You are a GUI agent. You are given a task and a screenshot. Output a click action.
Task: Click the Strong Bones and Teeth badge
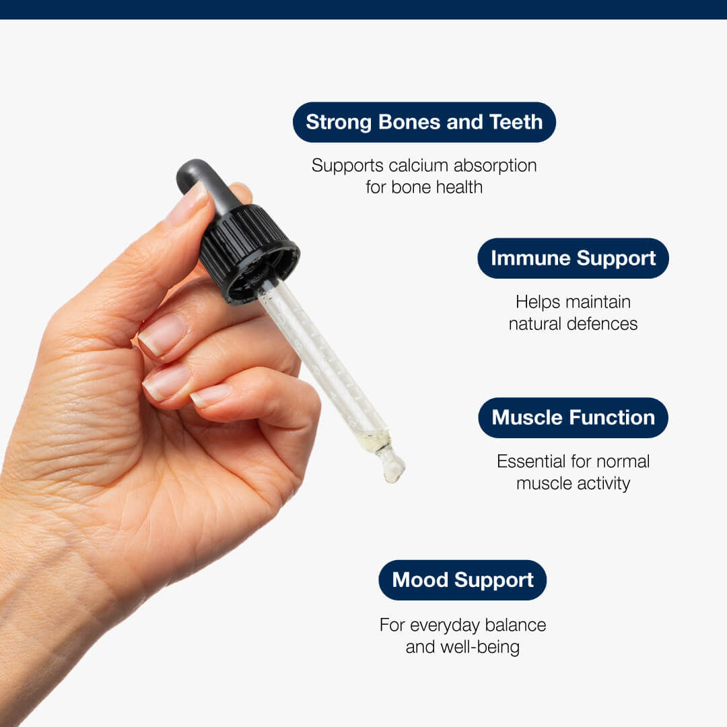tap(424, 122)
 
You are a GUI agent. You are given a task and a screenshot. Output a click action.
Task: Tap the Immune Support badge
tap(573, 258)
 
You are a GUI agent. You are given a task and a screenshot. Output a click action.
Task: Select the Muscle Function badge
tap(573, 418)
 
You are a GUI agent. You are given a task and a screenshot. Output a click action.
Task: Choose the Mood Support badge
tap(462, 580)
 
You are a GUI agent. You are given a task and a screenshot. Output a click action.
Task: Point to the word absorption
tap(495, 166)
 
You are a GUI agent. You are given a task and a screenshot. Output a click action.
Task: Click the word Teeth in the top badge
tap(516, 122)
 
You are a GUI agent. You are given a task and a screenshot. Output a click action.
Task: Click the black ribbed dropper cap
tap(248, 252)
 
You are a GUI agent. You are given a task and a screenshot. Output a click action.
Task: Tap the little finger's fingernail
tap(211, 396)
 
